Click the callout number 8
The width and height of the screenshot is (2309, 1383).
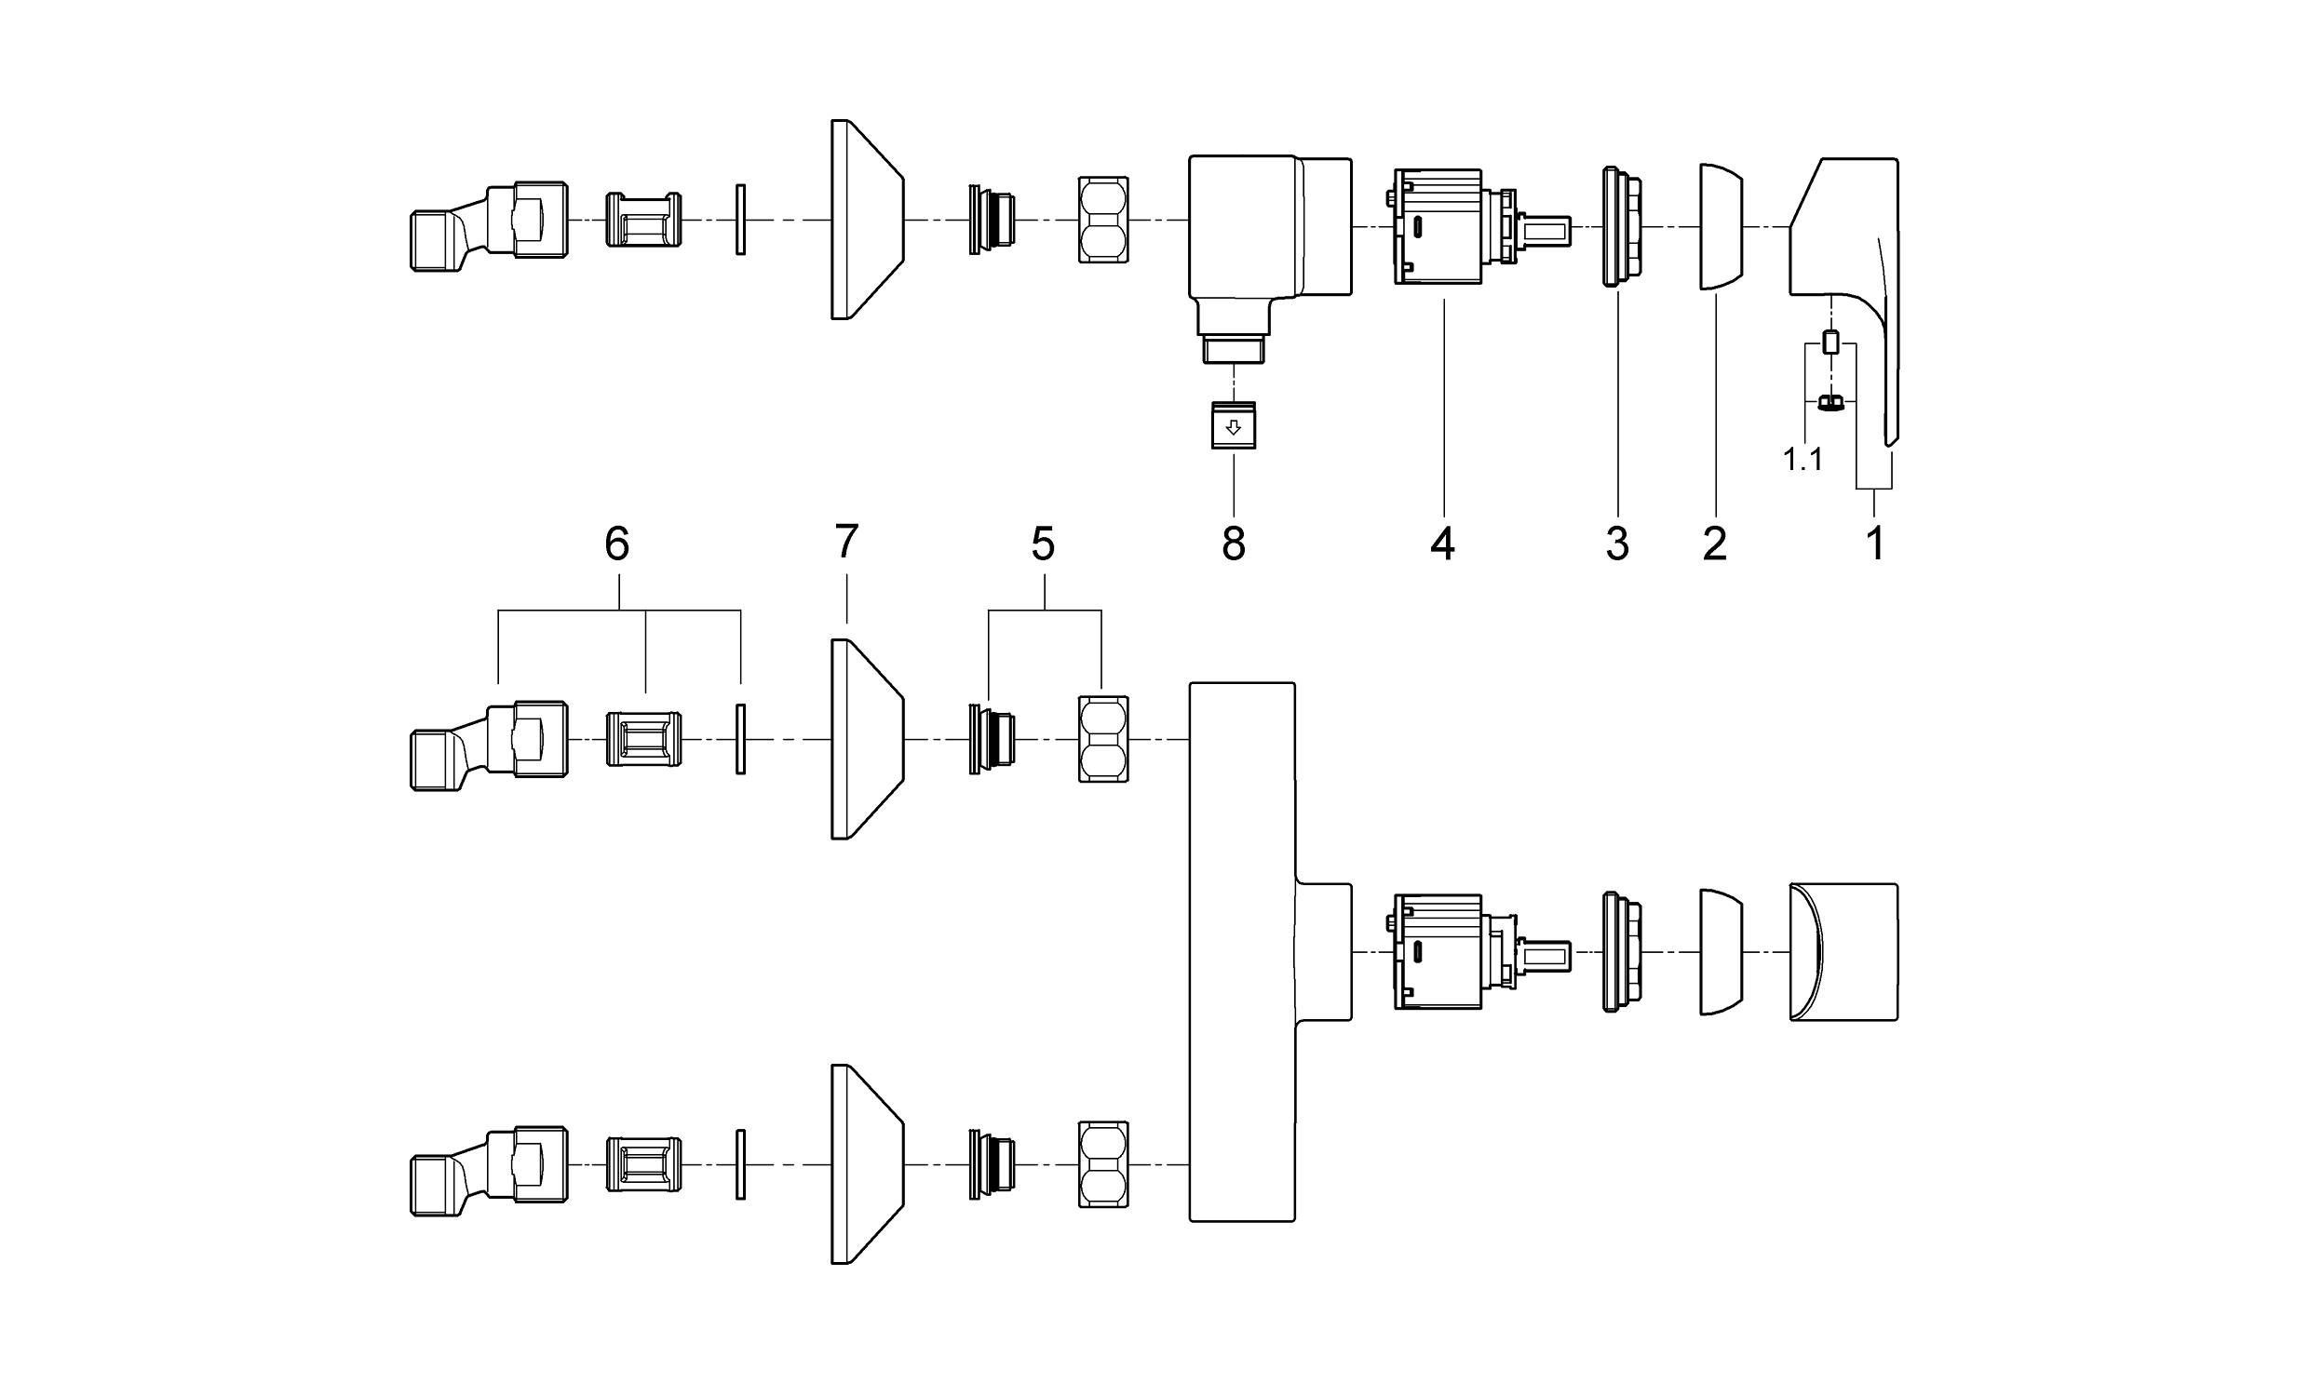1234,544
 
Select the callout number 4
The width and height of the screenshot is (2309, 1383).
1442,544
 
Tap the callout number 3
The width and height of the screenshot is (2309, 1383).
1617,544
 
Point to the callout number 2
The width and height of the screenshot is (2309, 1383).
1714,544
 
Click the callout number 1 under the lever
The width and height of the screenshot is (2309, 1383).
1875,544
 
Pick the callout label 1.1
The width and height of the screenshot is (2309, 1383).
1803,460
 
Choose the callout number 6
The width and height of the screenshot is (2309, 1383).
616,544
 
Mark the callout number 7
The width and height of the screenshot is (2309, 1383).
846,542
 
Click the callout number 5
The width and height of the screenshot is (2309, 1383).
1043,544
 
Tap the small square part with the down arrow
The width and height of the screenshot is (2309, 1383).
1234,426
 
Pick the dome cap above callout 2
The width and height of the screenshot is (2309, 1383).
1721,226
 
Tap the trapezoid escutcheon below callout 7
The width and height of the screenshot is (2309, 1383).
865,739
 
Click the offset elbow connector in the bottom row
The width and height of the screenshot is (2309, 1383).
488,1172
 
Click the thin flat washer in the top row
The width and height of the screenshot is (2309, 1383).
740,220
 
